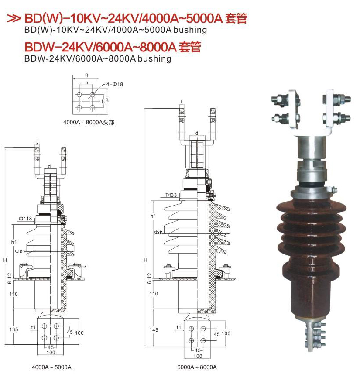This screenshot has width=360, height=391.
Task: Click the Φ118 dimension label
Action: tap(25, 219)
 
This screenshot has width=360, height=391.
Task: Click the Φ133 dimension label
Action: tap(171, 195)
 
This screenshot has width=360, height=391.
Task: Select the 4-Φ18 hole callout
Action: tap(115, 84)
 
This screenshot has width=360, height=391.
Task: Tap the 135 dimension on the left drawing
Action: tap(14, 329)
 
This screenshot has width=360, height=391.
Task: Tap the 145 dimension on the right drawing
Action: tap(154, 330)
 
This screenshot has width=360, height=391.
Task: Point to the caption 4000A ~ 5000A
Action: tap(51, 367)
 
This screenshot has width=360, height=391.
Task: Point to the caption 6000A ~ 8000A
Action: tap(197, 367)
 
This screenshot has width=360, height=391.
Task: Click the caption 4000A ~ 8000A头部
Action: tap(89, 123)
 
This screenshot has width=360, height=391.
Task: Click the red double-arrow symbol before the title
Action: tap(14, 18)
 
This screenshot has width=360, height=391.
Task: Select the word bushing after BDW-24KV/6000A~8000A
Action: tap(154, 59)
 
